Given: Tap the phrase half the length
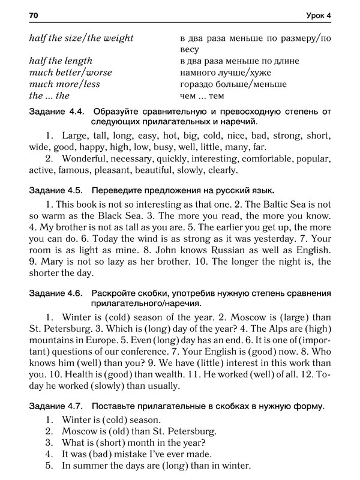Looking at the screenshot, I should click(61, 61).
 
